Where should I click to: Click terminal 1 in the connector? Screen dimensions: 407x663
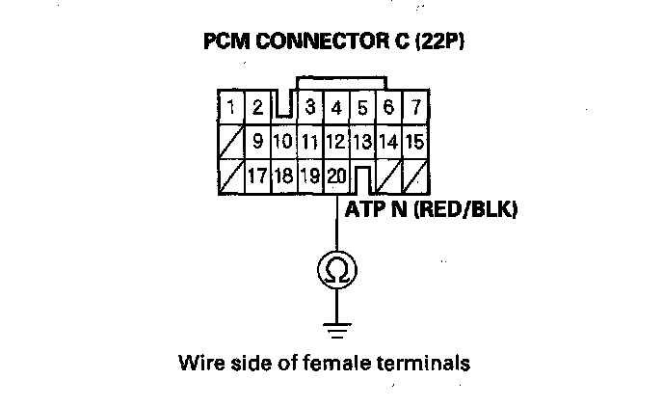click(232, 107)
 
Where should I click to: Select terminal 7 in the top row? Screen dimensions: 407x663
click(414, 107)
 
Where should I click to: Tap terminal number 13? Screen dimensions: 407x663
click(361, 142)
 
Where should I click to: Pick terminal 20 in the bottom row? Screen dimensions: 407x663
click(335, 176)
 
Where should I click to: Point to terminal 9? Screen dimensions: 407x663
click(258, 142)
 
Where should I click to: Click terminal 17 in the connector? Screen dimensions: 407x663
click(257, 176)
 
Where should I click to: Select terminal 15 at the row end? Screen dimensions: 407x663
click(414, 142)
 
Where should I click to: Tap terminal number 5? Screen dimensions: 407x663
click(362, 107)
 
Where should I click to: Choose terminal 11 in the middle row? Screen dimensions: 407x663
click(309, 142)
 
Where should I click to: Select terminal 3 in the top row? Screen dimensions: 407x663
click(310, 107)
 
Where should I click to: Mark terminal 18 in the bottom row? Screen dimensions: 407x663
click(283, 176)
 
